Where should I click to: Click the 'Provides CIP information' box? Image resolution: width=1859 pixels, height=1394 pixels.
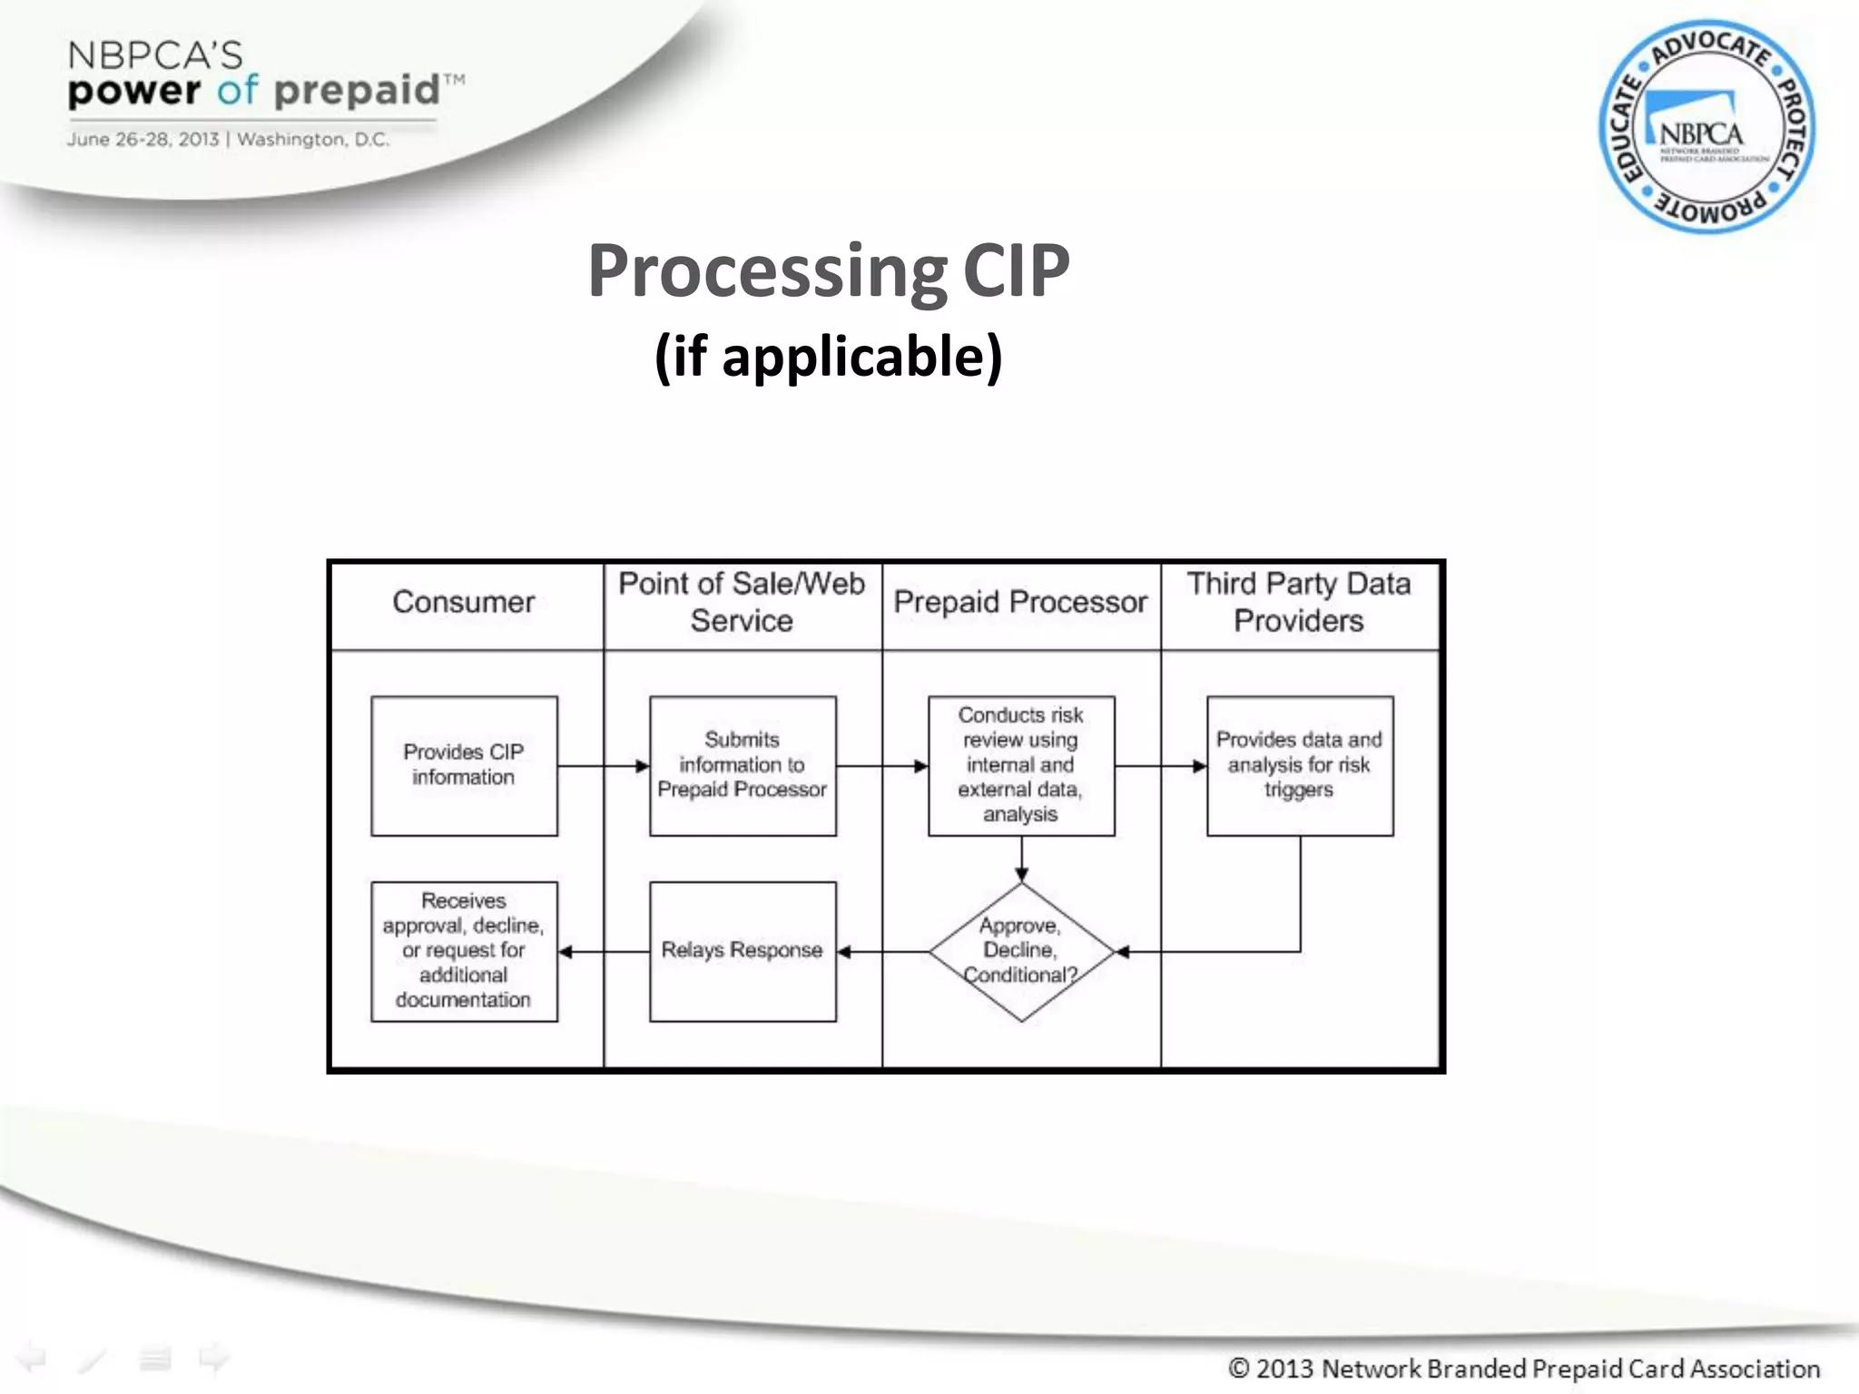click(x=464, y=765)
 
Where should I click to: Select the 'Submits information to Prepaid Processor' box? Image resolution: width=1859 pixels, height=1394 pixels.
click(x=743, y=765)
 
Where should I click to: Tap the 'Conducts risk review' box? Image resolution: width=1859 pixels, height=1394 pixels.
click(x=1021, y=765)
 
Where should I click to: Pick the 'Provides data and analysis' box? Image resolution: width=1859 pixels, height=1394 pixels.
click(x=1300, y=765)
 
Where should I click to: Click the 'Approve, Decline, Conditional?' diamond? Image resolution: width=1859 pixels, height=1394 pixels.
click(x=1021, y=951)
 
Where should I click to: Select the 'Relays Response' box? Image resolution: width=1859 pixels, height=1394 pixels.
click(x=743, y=951)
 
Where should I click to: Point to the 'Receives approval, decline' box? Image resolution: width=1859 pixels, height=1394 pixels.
click(x=464, y=951)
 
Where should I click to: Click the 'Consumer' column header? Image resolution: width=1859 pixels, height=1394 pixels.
click(x=464, y=603)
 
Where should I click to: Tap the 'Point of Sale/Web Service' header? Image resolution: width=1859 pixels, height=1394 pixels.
click(x=743, y=603)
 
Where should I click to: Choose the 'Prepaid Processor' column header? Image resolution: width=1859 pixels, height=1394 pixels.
click(x=1021, y=603)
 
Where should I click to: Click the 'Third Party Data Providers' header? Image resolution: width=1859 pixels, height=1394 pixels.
click(x=1300, y=603)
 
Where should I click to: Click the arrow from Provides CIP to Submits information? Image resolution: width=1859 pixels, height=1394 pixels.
click(x=603, y=766)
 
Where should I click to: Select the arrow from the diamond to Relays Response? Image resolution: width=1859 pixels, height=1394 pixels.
click(x=882, y=951)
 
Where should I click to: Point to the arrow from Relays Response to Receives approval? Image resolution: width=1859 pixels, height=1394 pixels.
click(x=603, y=951)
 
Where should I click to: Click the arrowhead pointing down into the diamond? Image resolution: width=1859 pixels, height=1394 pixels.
click(x=1022, y=874)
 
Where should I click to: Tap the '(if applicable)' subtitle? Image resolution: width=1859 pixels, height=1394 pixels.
click(x=829, y=356)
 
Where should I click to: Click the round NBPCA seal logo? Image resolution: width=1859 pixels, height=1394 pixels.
click(x=1707, y=127)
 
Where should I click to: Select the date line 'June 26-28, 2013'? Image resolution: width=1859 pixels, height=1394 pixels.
click(x=143, y=140)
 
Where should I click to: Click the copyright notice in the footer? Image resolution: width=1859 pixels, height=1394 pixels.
click(x=1524, y=1368)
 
